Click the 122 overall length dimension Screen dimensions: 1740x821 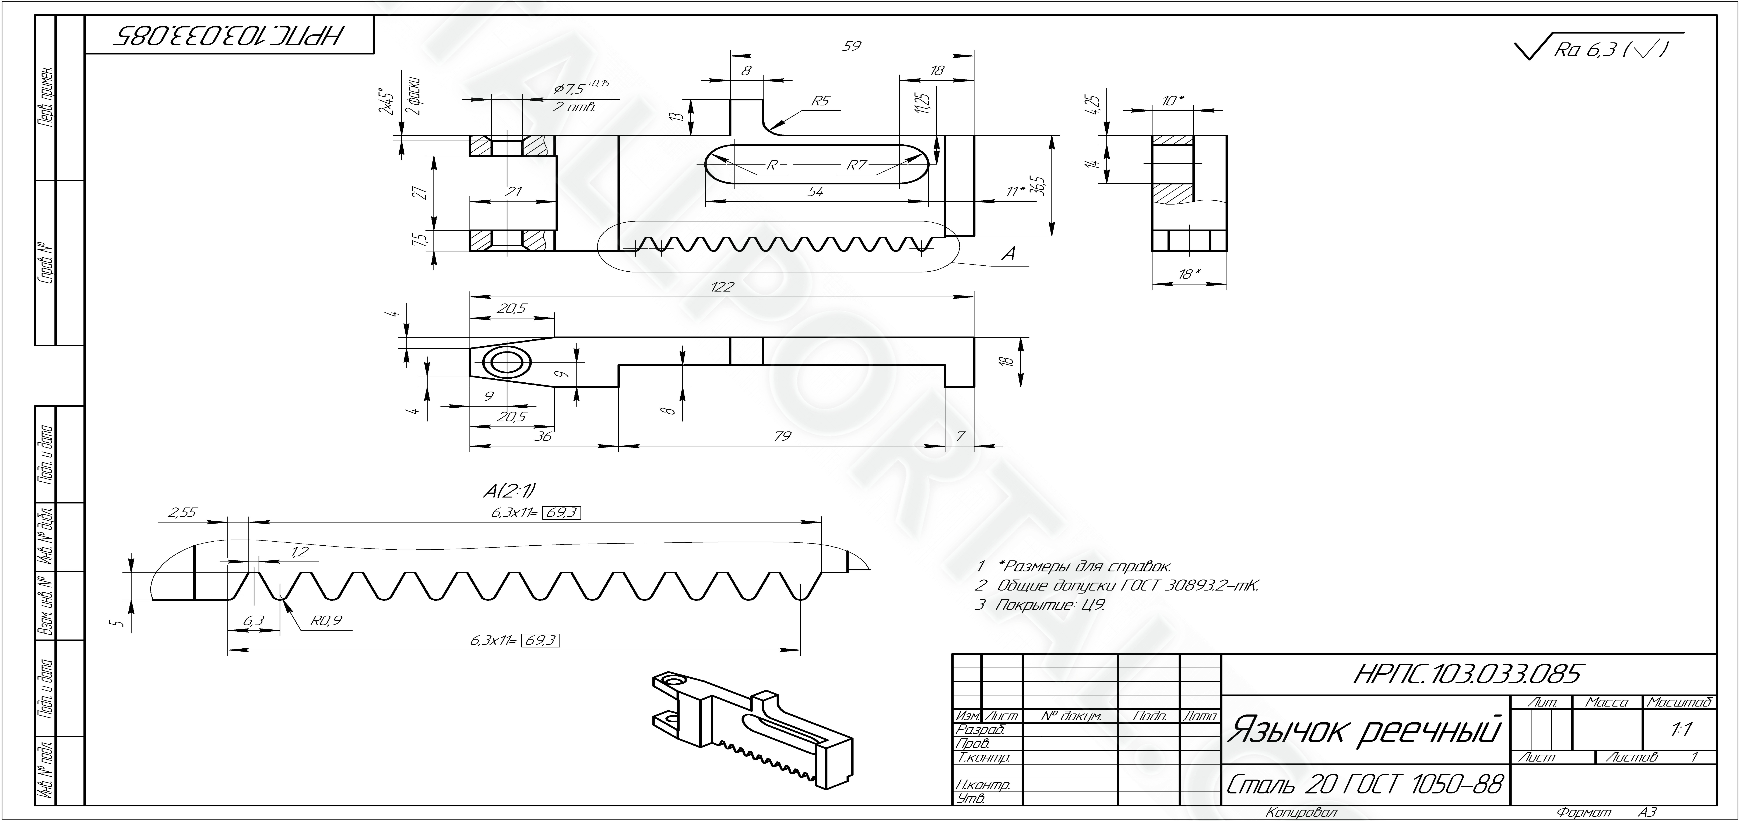722,287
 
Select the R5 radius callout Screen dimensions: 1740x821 820,101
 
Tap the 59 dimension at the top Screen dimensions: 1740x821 852,46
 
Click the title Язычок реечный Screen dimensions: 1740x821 1363,731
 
